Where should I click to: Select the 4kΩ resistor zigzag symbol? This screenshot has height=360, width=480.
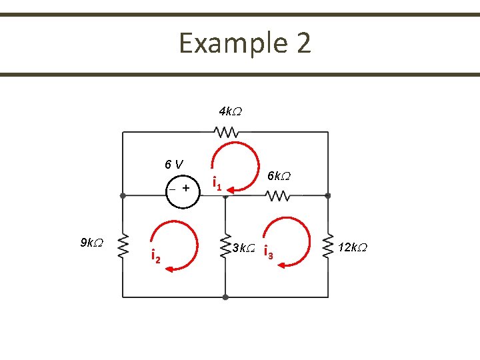(226, 132)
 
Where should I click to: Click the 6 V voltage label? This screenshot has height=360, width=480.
(175, 164)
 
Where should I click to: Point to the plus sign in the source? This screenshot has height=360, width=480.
(186, 188)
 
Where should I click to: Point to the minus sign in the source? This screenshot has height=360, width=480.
(171, 189)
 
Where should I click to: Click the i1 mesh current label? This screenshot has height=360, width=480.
(216, 182)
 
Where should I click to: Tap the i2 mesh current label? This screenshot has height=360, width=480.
(155, 256)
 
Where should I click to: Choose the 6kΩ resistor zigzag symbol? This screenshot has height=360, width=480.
(277, 196)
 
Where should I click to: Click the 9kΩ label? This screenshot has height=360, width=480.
(91, 243)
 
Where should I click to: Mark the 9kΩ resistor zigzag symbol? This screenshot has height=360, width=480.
(123, 247)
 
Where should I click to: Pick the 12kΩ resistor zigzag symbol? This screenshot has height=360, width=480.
(328, 247)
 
